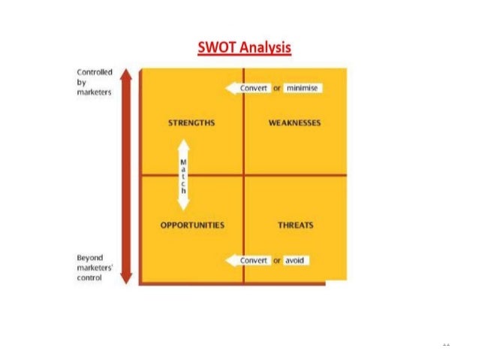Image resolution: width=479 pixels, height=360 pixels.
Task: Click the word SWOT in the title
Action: pos(217,49)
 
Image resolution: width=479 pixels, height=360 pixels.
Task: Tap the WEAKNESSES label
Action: pos(294,123)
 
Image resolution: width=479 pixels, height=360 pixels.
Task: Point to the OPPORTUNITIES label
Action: pos(192,225)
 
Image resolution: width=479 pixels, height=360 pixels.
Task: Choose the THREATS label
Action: pos(295,225)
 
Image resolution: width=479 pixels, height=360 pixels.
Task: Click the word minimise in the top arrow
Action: pos(303,89)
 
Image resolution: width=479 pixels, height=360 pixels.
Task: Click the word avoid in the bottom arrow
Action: pos(296,260)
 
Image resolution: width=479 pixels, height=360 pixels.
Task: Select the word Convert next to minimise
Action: pos(255,89)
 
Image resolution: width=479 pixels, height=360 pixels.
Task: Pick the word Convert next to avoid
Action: pos(254,260)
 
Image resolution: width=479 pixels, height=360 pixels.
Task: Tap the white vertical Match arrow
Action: pos(182,174)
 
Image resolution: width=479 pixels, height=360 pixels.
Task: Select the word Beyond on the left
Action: pos(89,257)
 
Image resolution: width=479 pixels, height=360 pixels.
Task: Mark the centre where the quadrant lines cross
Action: pos(244,174)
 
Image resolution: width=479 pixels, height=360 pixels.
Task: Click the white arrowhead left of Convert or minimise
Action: pos(231,89)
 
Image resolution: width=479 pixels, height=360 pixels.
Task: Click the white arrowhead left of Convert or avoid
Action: pos(231,260)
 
